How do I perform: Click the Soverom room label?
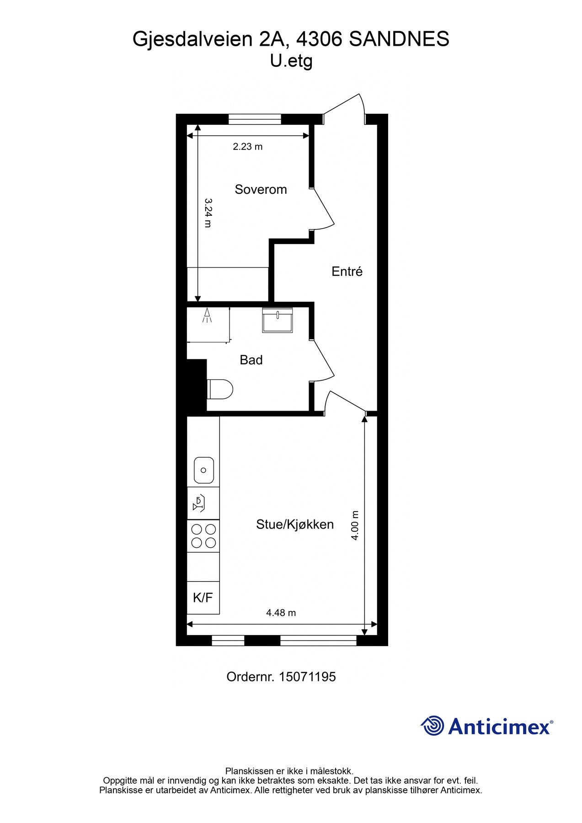click(261, 189)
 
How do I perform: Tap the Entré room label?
click(347, 271)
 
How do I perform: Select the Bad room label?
click(251, 360)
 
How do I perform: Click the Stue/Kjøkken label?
click(294, 524)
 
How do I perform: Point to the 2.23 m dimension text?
click(247, 147)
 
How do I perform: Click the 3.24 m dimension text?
click(208, 213)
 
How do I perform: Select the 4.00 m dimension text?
click(355, 526)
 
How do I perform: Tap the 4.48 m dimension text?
click(281, 613)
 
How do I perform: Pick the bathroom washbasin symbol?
click(278, 320)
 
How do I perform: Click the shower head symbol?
click(207, 315)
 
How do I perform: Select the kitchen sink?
click(203, 470)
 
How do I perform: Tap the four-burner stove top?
click(203, 536)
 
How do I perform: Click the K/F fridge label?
click(203, 598)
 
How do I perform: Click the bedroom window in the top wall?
click(255, 119)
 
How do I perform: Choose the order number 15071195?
click(307, 677)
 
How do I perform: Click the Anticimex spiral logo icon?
click(432, 726)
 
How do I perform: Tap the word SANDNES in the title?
click(399, 39)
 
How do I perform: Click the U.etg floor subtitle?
click(291, 61)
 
